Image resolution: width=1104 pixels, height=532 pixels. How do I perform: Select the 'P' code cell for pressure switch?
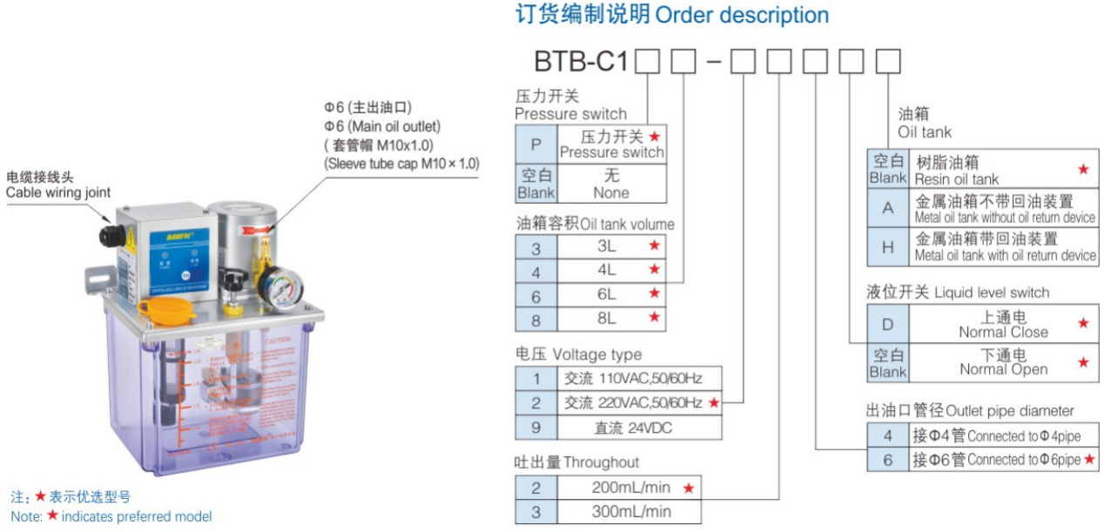(x=535, y=144)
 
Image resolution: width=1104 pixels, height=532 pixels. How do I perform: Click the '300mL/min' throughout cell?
(x=630, y=511)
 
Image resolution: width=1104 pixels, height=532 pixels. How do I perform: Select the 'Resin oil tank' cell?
(x=1002, y=170)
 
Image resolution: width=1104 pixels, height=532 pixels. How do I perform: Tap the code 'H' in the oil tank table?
(x=888, y=247)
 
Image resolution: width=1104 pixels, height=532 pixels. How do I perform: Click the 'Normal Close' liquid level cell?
(x=1003, y=324)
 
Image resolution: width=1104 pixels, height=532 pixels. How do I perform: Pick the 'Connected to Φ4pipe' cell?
(x=1002, y=435)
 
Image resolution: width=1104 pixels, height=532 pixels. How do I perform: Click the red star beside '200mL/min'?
(x=689, y=488)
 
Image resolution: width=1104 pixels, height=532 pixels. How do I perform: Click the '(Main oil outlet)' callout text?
(x=382, y=126)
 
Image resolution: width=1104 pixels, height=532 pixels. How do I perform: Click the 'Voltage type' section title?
(x=578, y=354)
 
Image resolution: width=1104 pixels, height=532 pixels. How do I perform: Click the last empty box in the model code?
(x=887, y=63)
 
